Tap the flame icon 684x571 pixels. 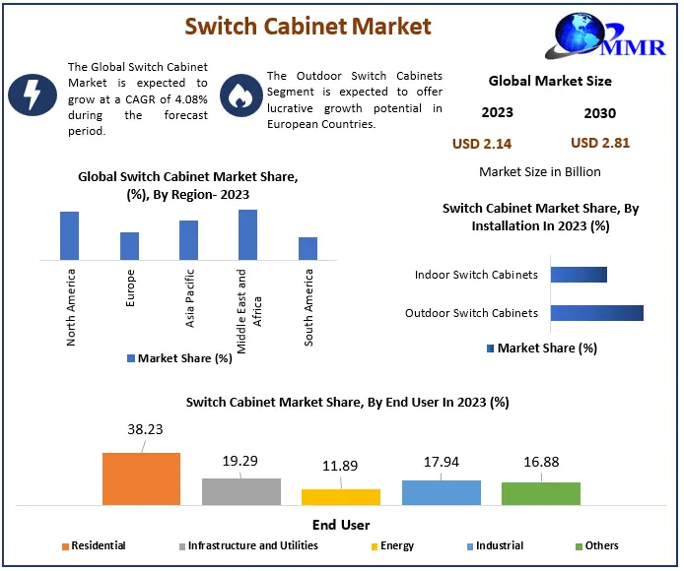point(238,95)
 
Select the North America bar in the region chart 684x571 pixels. point(69,235)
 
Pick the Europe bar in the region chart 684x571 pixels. point(130,246)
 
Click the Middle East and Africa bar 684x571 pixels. point(247,234)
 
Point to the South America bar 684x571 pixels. point(308,248)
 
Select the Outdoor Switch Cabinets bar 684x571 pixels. point(596,313)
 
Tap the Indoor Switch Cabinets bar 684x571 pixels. point(579,275)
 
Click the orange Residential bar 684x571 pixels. point(141,478)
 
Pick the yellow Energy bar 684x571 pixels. point(341,496)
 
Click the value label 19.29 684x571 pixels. point(241,461)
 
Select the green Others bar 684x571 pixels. point(540,493)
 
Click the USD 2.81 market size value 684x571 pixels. point(600,143)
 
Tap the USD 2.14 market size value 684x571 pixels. point(482,144)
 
